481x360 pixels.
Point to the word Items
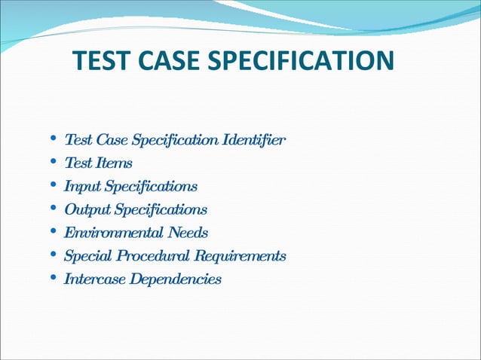coord(114,163)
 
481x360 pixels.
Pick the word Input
coord(81,186)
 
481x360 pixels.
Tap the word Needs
coord(189,233)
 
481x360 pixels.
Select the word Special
coord(88,256)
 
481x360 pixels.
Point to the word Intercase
coord(95,279)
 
